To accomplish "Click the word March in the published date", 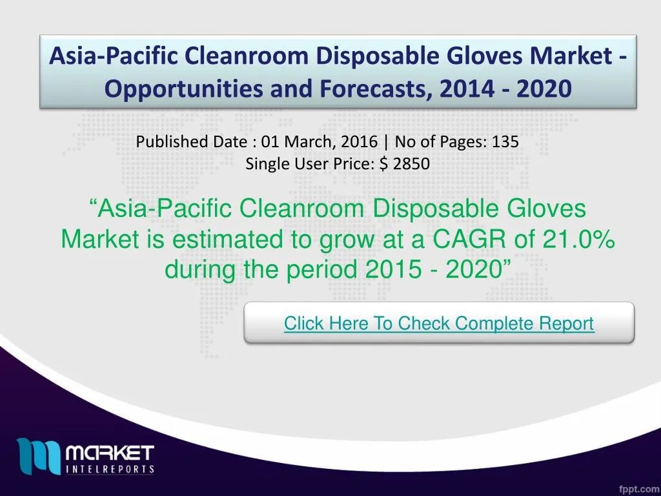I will click(x=306, y=142).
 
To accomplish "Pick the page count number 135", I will click(x=505, y=142).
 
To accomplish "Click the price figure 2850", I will click(x=411, y=164).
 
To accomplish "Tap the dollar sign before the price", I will click(x=384, y=164).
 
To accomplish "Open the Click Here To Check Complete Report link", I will click(x=439, y=323).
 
